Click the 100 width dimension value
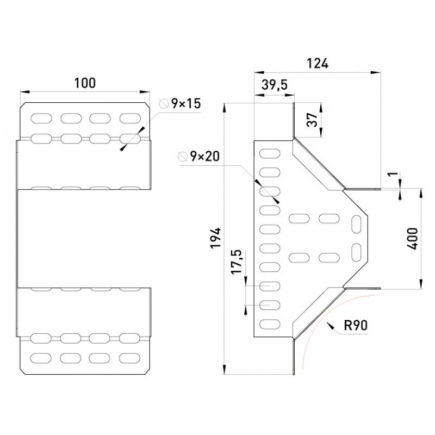85,83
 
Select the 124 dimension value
318,64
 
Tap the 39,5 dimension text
275,85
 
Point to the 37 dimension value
312,120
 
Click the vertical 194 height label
215,238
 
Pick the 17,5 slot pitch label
237,262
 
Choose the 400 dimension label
413,239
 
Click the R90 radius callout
356,325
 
